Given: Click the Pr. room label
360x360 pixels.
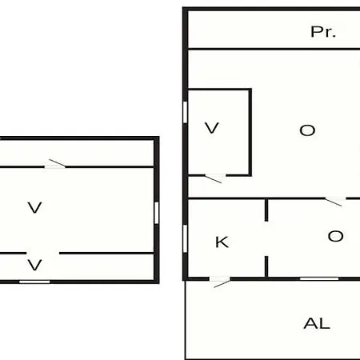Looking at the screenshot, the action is point(323,32).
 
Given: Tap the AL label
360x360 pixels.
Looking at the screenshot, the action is point(317,323).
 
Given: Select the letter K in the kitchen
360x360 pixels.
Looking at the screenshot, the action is point(222,242).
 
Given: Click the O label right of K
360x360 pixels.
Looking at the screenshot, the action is point(335,236).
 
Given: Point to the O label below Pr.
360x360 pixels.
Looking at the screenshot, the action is point(307,130).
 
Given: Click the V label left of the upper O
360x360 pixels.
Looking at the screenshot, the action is point(212,128).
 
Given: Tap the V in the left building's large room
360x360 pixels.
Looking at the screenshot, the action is point(34,207).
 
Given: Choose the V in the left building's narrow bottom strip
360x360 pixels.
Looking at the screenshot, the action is point(34,265).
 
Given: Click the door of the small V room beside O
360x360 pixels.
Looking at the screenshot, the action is point(215,178).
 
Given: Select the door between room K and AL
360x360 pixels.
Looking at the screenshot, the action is point(220,282).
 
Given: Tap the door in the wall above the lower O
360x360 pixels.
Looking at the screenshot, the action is point(335,201).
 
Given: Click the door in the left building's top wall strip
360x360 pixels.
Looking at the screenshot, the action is point(55,164).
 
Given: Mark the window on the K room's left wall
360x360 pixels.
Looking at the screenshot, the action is point(185,238).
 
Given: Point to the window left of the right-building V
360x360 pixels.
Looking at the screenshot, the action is point(185,112).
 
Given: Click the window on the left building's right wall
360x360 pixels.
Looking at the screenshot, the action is point(157,213).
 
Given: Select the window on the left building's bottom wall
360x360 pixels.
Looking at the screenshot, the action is point(34,282).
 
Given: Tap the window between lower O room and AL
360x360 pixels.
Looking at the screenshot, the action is point(319,279).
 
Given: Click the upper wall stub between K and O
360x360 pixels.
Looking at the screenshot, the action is point(266,210).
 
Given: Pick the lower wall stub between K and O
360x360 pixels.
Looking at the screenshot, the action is point(266,267).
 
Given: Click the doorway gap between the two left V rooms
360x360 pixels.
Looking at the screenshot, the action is point(42,253).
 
